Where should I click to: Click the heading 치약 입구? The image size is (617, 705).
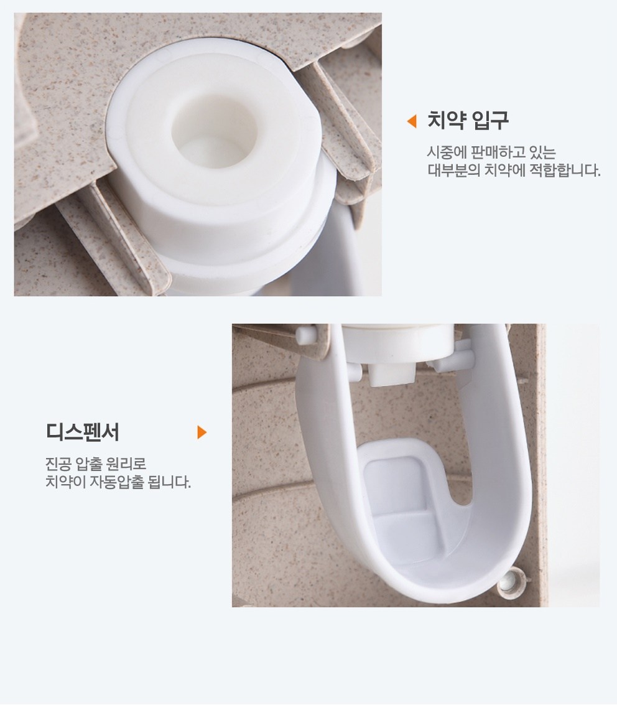[x=467, y=120]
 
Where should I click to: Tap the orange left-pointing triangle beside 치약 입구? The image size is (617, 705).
[x=412, y=121]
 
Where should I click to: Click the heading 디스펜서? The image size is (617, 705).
[x=83, y=432]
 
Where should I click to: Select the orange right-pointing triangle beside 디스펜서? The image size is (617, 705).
[x=202, y=432]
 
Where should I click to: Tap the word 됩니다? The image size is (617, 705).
[x=170, y=482]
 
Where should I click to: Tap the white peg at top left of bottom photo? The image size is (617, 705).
[x=305, y=334]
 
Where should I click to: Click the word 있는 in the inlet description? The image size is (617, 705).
[x=544, y=152]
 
